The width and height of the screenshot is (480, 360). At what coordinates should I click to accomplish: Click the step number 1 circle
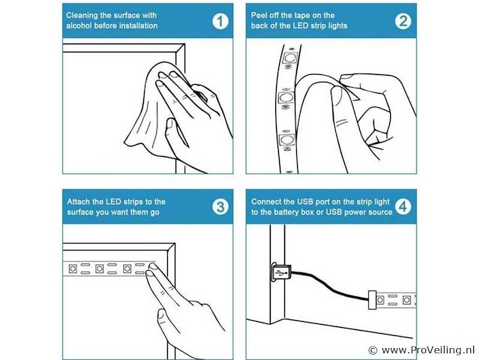pos(220,22)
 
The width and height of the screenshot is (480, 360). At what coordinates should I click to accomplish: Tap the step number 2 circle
pos(403,21)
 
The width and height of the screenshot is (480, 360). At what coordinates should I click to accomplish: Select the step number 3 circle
pos(220,207)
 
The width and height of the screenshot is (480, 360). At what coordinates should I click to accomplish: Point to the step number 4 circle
pos(403,206)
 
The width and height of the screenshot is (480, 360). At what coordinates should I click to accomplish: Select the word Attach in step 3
pos(78,202)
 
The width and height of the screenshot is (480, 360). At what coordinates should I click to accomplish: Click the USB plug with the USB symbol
pos(280,271)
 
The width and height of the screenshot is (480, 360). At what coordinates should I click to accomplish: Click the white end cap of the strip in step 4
pos(372,300)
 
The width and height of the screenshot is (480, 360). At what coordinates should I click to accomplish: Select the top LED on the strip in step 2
pos(289,57)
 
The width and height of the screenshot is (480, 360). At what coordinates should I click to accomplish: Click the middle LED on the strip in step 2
pos(286,98)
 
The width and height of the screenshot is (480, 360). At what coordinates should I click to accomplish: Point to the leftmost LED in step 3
pos(73,268)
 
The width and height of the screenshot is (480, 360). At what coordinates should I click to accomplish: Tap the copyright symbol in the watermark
pos(373,350)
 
